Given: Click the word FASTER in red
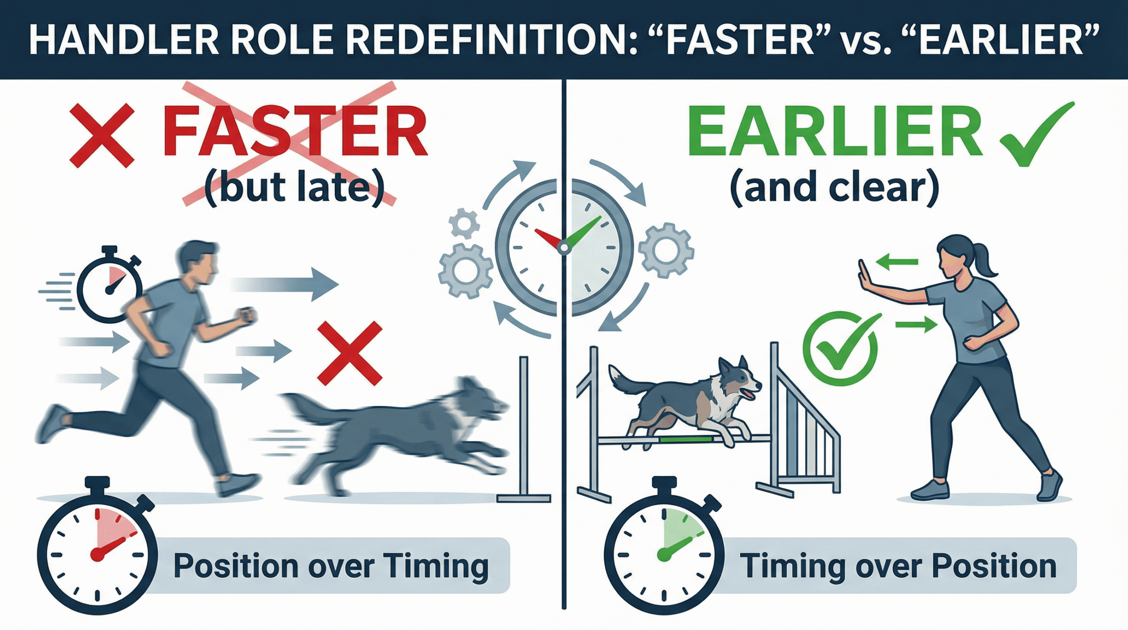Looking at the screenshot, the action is click(295, 131).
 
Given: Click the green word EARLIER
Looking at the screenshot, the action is click(835, 131).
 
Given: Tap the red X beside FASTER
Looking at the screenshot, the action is click(102, 135).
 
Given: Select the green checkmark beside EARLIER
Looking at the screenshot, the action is click(1036, 134).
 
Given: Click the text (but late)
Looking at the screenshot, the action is click(294, 188).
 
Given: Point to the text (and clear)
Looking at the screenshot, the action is click(835, 188).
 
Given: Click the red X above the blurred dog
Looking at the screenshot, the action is click(350, 353).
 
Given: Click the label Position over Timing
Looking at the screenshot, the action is click(331, 566).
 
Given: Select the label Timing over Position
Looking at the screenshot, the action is click(898, 566).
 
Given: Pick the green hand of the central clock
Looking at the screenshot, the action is click(583, 232).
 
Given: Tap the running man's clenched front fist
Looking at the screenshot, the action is click(247, 315).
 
